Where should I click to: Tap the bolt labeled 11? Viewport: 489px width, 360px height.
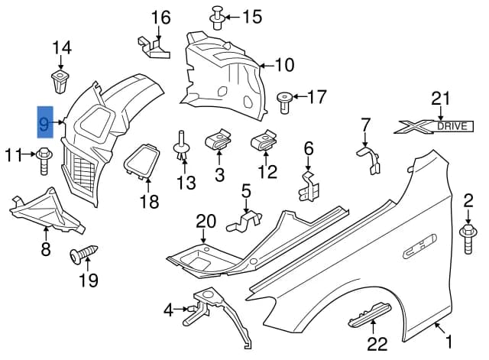click(44, 161)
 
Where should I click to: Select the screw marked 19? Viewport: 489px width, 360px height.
click(83, 254)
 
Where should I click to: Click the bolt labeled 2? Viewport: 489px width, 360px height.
click(467, 239)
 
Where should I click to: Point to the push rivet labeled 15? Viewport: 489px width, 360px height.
click(218, 18)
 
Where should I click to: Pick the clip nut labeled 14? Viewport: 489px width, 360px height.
click(60, 82)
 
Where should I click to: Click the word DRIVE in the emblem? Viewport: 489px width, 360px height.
click(452, 126)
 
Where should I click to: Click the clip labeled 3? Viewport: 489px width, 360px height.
click(218, 139)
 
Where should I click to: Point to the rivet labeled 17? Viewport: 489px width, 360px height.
click(284, 102)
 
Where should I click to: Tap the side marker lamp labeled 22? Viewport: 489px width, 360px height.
click(370, 315)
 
